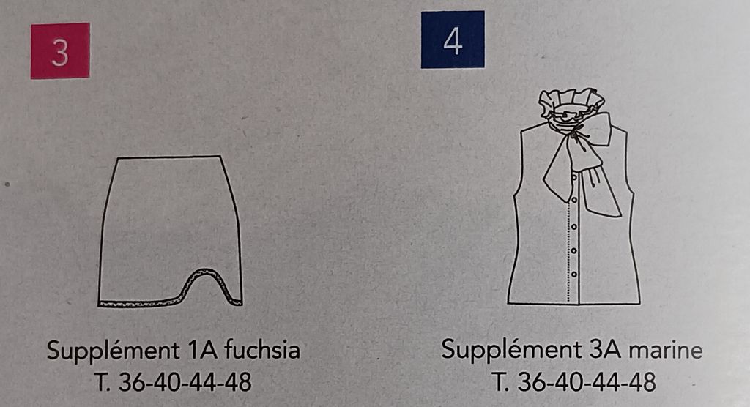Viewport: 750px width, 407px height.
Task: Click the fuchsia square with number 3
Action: point(60,51)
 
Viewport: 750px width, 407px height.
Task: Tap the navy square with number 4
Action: point(453,40)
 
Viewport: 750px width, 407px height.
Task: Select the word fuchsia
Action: point(262,350)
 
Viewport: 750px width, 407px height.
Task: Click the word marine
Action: point(665,350)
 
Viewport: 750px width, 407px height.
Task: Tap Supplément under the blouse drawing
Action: point(511,350)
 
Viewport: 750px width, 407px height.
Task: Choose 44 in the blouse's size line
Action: point(604,381)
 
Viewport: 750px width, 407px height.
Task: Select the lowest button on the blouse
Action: point(574,275)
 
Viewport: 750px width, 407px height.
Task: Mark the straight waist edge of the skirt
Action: point(169,157)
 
